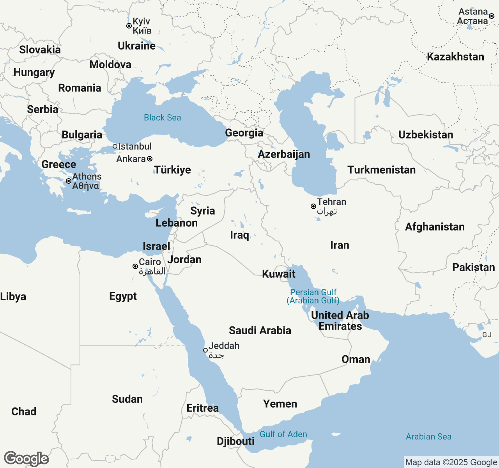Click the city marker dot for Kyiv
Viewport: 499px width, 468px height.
pyautogui.click(x=129, y=26)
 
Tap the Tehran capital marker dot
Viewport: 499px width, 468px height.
pyautogui.click(x=313, y=206)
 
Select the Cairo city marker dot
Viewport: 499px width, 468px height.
pyautogui.click(x=135, y=266)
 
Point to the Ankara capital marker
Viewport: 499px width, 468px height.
pyautogui.click(x=150, y=159)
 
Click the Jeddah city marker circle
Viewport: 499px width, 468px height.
pyautogui.click(x=205, y=350)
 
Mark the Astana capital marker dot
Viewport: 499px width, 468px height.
pyautogui.click(x=492, y=16)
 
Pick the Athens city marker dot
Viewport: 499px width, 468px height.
pyautogui.click(x=69, y=181)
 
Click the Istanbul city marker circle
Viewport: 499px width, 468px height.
pyautogui.click(x=115, y=147)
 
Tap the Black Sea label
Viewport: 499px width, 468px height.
pyautogui.click(x=163, y=117)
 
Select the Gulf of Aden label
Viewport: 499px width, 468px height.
pyautogui.click(x=283, y=434)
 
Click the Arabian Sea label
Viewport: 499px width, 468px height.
pyautogui.click(x=428, y=436)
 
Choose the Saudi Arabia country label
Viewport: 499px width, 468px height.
pyautogui.click(x=260, y=330)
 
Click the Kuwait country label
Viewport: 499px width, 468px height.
pyautogui.click(x=279, y=274)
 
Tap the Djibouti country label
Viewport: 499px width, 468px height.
pyautogui.click(x=235, y=441)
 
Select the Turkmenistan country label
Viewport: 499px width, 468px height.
pyautogui.click(x=381, y=170)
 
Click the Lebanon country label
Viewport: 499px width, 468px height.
pyautogui.click(x=177, y=223)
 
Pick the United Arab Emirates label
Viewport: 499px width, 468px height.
pyautogui.click(x=340, y=321)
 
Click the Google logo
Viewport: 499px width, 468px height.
pyautogui.click(x=26, y=459)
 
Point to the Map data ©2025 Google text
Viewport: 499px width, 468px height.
pyautogui.click(x=451, y=462)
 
